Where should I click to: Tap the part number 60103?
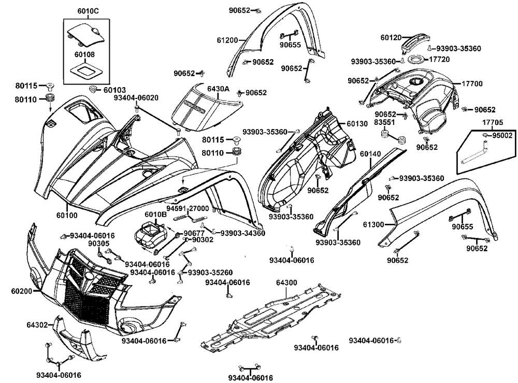[115, 90]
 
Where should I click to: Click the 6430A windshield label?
[218, 89]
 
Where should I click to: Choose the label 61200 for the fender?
[227, 40]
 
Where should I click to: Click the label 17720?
[438, 59]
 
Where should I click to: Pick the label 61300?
[373, 224]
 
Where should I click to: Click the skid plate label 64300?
[286, 282]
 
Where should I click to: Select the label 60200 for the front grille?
[21, 292]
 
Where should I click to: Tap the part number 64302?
[37, 325]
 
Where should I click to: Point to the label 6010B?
[155, 214]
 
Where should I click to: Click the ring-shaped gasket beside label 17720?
[418, 59]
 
